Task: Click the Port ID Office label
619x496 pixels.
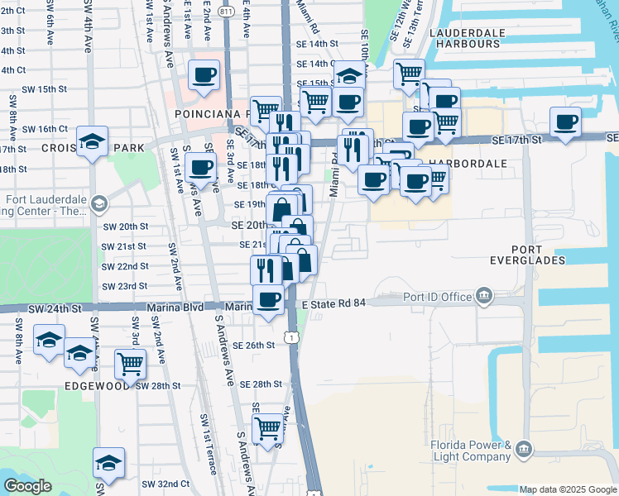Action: tap(437, 296)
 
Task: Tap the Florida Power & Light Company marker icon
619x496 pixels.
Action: tap(522, 449)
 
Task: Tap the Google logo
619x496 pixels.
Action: tap(28, 486)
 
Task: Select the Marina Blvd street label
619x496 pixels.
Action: tap(175, 308)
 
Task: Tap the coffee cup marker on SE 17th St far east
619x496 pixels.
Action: tap(567, 122)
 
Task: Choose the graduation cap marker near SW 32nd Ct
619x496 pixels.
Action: tap(108, 463)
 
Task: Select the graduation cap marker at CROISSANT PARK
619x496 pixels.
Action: tap(93, 139)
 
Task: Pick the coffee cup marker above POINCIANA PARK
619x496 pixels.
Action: tap(204, 75)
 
